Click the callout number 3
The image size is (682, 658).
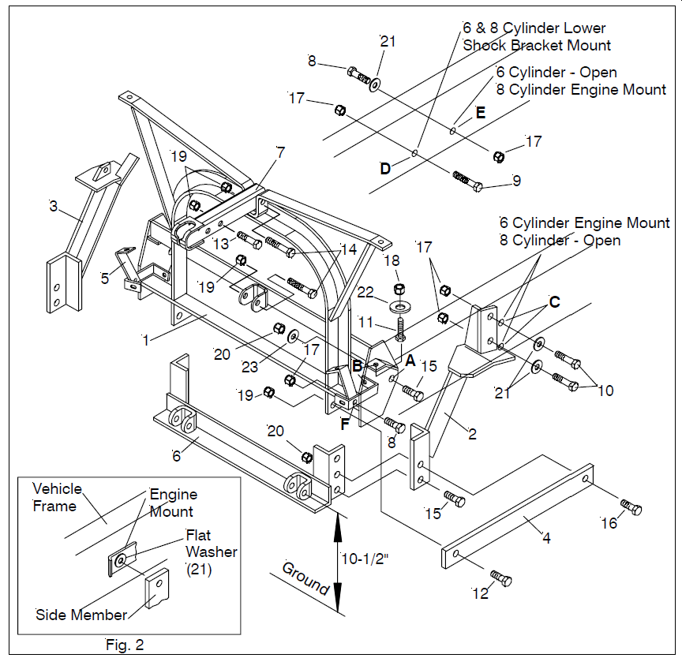click(x=53, y=207)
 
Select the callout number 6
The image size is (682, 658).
click(x=176, y=456)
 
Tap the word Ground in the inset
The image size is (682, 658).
click(x=305, y=578)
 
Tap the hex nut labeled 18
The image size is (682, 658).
click(x=399, y=288)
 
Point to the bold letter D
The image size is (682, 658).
click(x=385, y=168)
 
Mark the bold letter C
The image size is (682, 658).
click(x=555, y=302)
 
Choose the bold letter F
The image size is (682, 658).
click(x=344, y=424)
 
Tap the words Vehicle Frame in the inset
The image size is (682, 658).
click(x=57, y=497)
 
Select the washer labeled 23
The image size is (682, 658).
click(x=293, y=336)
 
